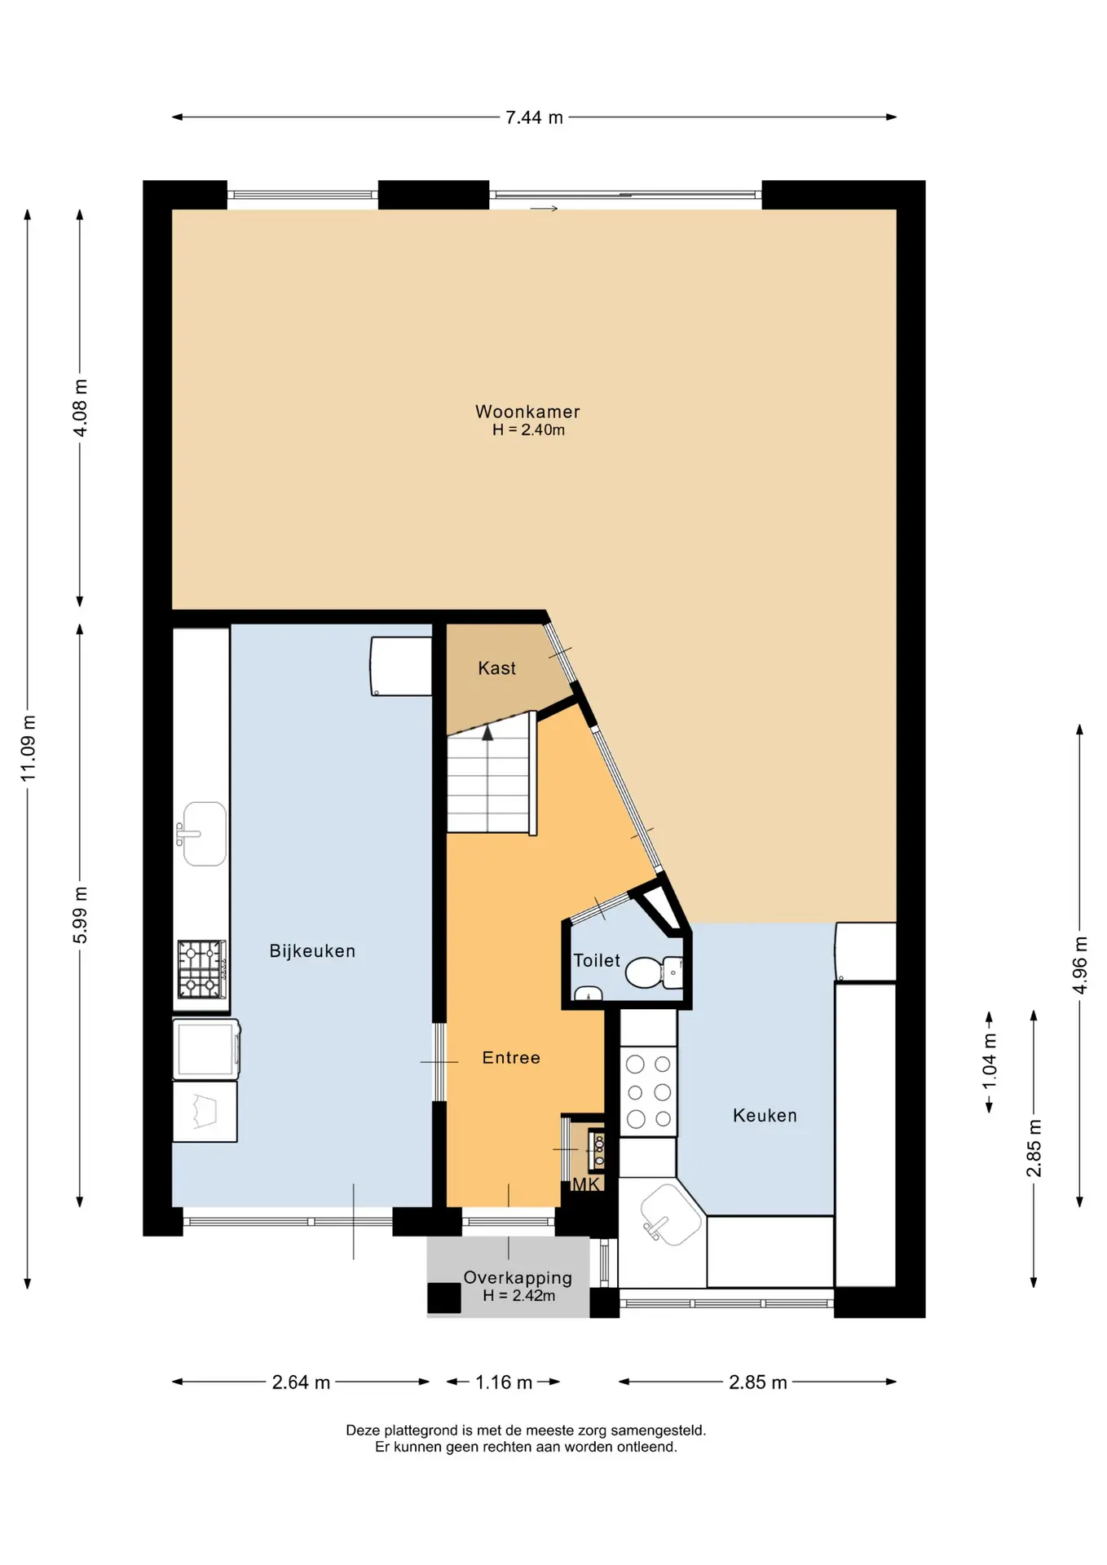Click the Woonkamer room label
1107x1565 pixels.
pyautogui.click(x=527, y=412)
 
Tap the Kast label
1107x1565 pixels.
pyautogui.click(x=496, y=668)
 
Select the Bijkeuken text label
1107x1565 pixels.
pyautogui.click(x=312, y=951)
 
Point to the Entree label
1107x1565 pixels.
pyautogui.click(x=511, y=1058)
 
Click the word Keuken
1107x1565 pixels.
pyautogui.click(x=765, y=1116)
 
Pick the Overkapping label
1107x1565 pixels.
pyautogui.click(x=518, y=1278)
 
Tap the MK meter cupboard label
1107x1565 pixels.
pyautogui.click(x=586, y=1185)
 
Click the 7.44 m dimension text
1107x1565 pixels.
pyautogui.click(x=534, y=117)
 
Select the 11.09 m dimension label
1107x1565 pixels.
pyautogui.click(x=29, y=748)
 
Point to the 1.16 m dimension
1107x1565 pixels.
pyautogui.click(x=504, y=1382)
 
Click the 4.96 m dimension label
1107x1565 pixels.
pyautogui.click(x=1080, y=965)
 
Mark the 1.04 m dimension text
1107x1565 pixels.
pyautogui.click(x=990, y=1061)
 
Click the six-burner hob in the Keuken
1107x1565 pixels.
pyautogui.click(x=649, y=1091)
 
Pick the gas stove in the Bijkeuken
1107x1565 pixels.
pyautogui.click(x=201, y=970)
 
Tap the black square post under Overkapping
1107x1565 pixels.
pyautogui.click(x=444, y=1298)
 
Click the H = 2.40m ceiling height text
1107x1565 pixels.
pyautogui.click(x=528, y=430)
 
